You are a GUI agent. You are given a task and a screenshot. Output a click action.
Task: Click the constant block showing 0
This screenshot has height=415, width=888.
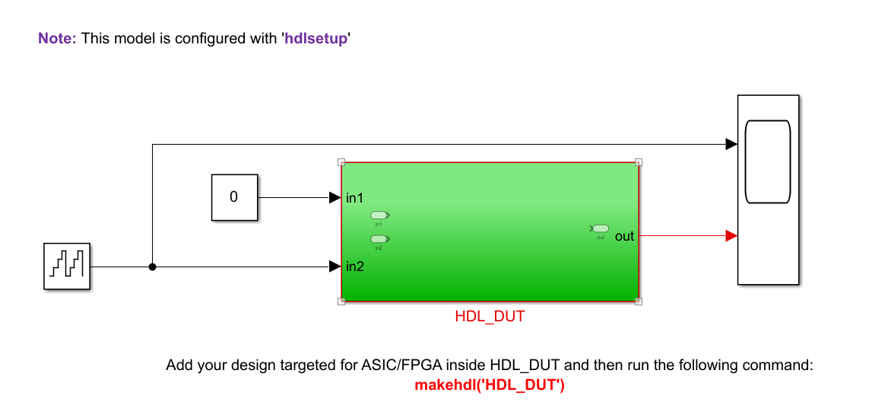pos(234,197)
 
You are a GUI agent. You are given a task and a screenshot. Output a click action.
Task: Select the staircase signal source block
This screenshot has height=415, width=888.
pos(67,267)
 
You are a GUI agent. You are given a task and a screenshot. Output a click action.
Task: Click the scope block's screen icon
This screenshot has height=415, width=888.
pos(768,161)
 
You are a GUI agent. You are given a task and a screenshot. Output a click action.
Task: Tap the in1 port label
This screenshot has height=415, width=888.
pos(355,198)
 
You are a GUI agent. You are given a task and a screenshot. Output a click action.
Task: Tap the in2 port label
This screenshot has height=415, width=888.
pos(355,267)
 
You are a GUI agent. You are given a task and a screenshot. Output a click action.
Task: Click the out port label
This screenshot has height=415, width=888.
pos(624,236)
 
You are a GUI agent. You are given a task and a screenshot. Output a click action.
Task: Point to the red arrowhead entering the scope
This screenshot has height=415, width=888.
pos(731,236)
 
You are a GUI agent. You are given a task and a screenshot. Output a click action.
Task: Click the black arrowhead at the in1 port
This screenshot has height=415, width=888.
pos(335,198)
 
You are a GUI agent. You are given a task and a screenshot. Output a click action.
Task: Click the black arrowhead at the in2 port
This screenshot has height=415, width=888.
pos(335,267)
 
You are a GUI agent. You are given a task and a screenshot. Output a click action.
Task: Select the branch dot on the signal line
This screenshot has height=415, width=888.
pos(152,267)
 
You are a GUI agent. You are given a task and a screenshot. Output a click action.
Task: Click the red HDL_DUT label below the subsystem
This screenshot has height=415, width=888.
pos(490,316)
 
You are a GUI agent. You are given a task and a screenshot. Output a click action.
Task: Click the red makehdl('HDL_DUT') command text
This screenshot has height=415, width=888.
pos(490,385)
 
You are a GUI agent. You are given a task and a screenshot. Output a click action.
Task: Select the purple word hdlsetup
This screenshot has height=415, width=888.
pos(316,38)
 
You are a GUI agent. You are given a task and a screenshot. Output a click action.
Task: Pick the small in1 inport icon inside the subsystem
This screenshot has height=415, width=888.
pos(378,216)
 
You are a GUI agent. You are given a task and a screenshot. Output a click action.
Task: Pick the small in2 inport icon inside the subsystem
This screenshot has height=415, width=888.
pos(378,239)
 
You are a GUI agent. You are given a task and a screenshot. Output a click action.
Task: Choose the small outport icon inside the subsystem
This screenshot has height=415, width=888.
pos(601,228)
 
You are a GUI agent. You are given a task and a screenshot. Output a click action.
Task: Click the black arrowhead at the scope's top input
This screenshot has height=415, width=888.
pos(731,144)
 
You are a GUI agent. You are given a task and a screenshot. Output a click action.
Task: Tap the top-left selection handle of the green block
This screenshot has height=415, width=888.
pos(341,162)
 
